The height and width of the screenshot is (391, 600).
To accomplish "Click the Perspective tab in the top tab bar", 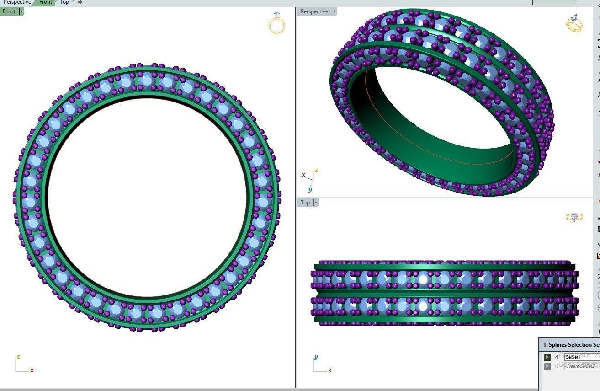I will pos(17,2).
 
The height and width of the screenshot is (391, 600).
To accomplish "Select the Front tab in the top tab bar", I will pos(45,2).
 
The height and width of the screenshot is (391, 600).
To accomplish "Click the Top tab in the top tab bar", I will pos(64,2).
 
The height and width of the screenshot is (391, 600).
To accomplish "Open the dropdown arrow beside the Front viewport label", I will pos(21,11).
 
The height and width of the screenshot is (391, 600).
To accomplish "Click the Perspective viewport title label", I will pos(314,11).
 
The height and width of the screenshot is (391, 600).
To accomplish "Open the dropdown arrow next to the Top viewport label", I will pos(315,203).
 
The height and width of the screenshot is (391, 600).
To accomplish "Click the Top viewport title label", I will pos(305,203).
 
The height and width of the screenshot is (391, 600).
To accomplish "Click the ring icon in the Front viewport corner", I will pos(276,24).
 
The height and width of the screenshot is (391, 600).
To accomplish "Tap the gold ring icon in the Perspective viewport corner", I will pos(574,23).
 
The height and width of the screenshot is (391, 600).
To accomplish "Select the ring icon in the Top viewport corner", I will pos(574,217).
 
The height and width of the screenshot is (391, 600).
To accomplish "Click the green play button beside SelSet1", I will pos(547,357).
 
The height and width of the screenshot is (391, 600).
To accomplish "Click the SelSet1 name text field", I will pos(580,357).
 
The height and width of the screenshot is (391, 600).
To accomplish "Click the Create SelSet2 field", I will pos(580,366).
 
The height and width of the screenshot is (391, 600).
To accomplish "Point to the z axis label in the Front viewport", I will pos(18,357).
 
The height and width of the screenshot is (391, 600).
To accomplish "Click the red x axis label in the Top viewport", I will pos(329,370).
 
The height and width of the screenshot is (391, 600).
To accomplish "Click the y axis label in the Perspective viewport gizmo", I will pos(310,189).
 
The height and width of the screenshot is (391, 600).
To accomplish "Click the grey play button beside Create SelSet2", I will pos(547,366).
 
